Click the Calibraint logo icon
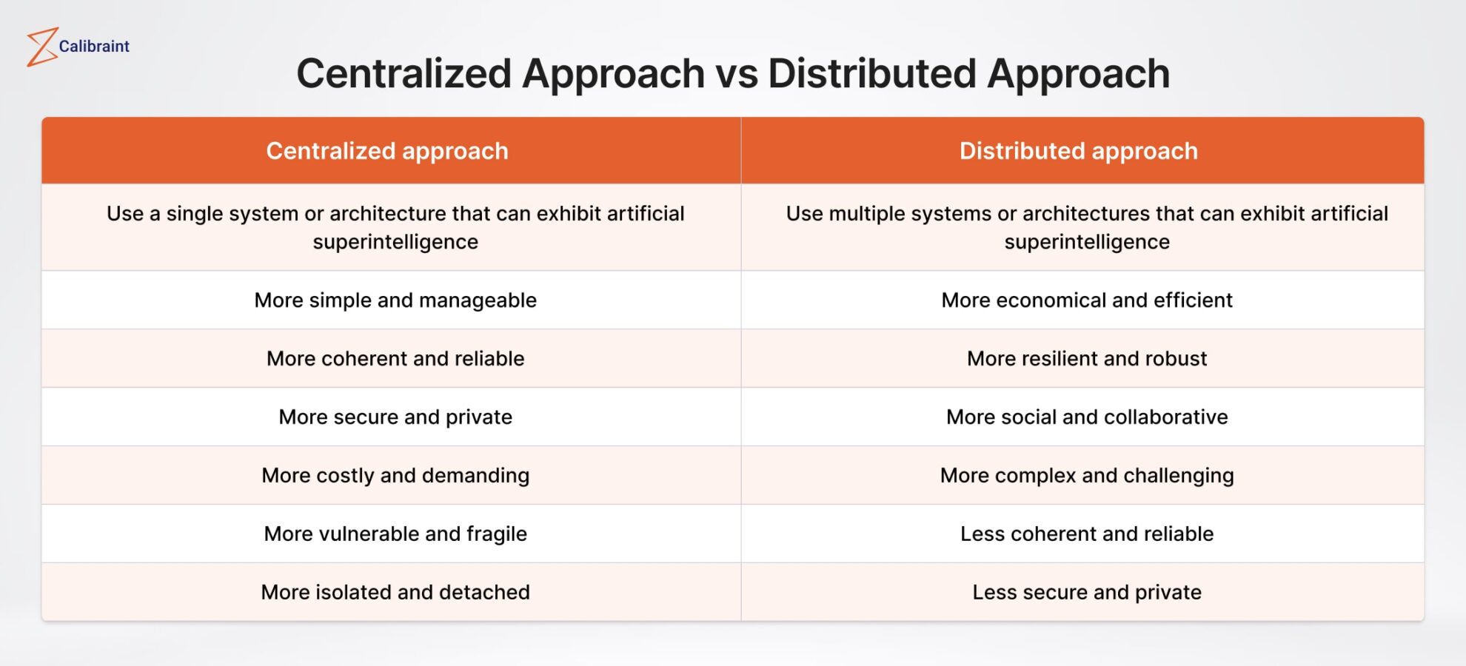[42, 47]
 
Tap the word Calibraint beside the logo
[94, 47]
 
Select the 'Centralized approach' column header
[387, 151]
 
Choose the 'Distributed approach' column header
[1079, 151]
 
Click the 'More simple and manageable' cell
[395, 300]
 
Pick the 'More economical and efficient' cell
[1087, 300]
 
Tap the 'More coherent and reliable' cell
[395, 359]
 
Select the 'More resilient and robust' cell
[1087, 359]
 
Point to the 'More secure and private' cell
[395, 417]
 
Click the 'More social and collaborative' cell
[1087, 417]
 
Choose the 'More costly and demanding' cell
[395, 476]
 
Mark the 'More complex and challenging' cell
[1087, 476]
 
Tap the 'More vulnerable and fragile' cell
[395, 534]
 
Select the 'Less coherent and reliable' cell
[1087, 534]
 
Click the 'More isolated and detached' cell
[395, 593]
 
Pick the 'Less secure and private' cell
[1087, 593]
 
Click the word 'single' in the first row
[194, 214]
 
